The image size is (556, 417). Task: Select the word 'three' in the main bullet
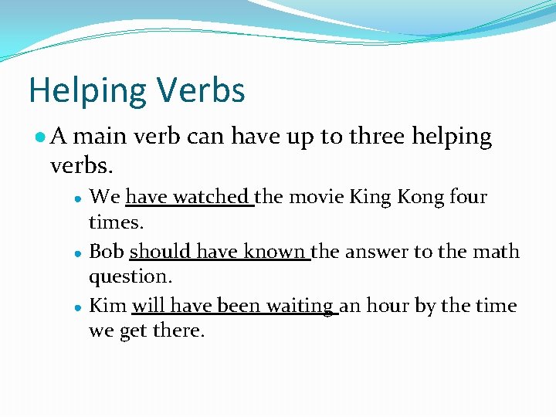click(376, 137)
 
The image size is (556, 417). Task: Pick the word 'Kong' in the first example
click(419, 197)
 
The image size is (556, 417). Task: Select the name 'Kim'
click(107, 306)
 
